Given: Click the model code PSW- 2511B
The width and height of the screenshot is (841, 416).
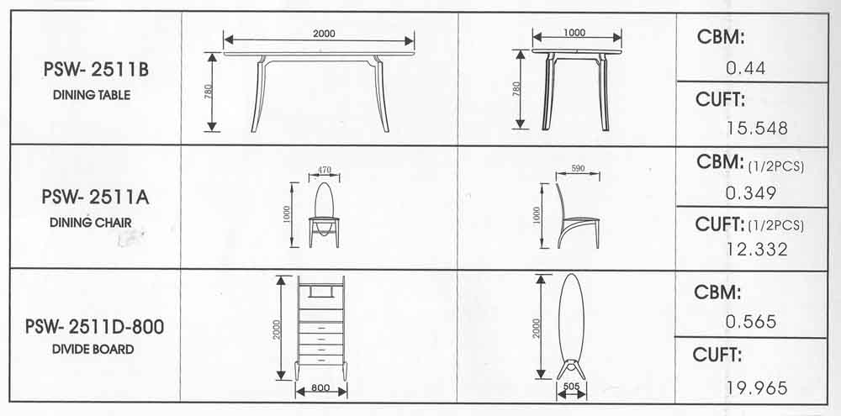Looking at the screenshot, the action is tap(96, 70).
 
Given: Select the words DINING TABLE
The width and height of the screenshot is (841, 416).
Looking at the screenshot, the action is tap(92, 96).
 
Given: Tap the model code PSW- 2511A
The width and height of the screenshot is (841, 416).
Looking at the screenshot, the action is tap(96, 197).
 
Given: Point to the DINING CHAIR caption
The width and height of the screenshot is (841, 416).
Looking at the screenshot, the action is tap(91, 222).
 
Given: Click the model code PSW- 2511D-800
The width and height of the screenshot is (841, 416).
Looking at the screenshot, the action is tap(94, 326).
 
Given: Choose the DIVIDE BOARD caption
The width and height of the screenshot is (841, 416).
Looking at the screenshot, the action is tap(93, 350).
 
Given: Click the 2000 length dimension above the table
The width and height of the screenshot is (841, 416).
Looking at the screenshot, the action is tap(324, 34).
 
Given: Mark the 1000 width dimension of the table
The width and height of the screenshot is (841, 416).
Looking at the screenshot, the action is tap(574, 32).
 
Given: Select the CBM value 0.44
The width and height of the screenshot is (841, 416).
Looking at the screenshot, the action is tap(745, 68).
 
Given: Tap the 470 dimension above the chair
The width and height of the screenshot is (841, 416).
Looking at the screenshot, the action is tap(325, 170).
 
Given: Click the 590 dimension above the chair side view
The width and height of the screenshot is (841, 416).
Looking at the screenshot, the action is tap(578, 168).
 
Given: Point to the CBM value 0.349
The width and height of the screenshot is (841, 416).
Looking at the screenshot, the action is tap(751, 193).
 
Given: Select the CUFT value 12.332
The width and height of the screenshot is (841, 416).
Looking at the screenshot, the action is tap(758, 250).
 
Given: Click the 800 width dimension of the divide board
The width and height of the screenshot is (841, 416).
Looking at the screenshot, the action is tap(320, 387).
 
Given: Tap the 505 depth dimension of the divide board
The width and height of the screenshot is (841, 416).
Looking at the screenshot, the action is tap(571, 386).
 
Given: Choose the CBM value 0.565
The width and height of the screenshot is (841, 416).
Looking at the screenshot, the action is tap(751, 322).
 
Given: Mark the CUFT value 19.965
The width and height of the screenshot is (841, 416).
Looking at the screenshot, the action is tap(758, 387).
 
